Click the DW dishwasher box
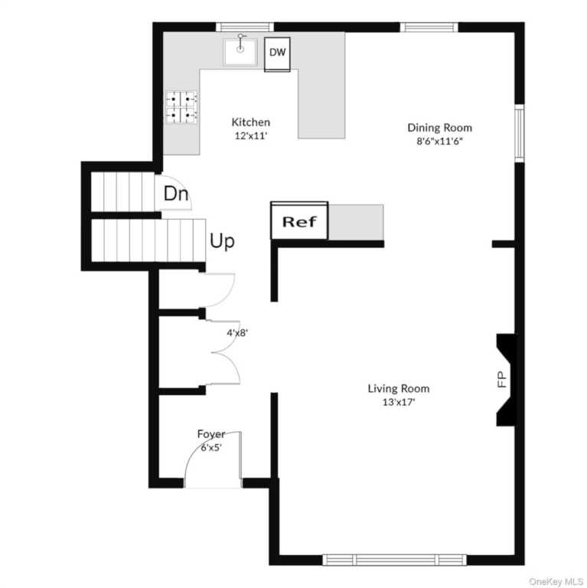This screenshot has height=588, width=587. point(277,54)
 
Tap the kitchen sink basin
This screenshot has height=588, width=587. point(240,51)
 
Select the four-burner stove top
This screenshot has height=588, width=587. point(181,107)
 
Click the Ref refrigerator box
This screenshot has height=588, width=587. point(299,220)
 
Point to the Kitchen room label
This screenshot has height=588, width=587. point(251,122)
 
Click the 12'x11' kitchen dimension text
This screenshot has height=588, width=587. point(251,136)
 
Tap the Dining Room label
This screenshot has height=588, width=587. point(440,128)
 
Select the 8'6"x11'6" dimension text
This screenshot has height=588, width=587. point(440,142)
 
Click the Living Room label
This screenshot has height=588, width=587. point(399,388)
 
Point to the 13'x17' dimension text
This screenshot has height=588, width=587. point(399,403)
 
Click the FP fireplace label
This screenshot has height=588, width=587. point(502,379)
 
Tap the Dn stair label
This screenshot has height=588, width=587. point(176,194)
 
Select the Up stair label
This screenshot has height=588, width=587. point(222,241)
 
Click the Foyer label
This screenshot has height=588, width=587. point(211,434)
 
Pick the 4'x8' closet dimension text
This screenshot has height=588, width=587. point(237,332)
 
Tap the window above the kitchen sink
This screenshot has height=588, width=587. point(245,27)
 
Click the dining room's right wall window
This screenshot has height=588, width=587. point(519,133)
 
